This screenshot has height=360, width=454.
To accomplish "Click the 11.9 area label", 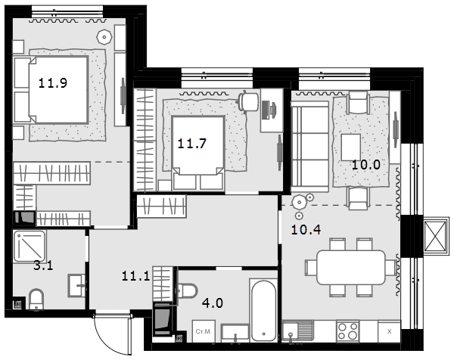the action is click(x=53, y=83).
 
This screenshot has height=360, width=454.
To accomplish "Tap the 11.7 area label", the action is click(x=191, y=144).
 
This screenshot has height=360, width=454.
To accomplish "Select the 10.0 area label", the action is click(x=365, y=165).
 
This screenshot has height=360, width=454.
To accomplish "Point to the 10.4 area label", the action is click(x=306, y=230).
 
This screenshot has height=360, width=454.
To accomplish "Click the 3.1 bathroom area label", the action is click(x=43, y=265).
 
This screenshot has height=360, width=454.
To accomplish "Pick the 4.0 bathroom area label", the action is click(x=213, y=303).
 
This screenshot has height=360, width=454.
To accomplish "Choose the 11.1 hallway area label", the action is click(x=135, y=276).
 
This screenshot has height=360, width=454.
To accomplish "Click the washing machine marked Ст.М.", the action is click(x=204, y=331).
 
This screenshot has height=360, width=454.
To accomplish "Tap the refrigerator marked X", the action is click(x=389, y=331).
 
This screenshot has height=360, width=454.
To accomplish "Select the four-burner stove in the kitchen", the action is click(x=348, y=331).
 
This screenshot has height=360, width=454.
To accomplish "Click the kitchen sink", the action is click(x=297, y=331).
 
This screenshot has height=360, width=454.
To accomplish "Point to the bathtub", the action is click(x=263, y=310).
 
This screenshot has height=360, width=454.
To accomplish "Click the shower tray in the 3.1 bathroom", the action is click(x=29, y=246).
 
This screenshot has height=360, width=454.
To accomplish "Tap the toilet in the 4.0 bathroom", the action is click(x=187, y=291).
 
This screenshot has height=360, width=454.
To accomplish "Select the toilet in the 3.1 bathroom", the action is click(x=36, y=299).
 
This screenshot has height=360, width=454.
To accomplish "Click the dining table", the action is click(x=351, y=268).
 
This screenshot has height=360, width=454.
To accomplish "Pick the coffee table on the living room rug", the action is click(x=351, y=147).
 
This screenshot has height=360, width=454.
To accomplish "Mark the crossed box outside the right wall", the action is click(x=435, y=236).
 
